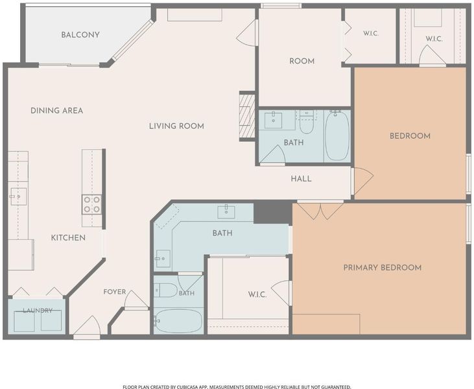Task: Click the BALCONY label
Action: (80, 35)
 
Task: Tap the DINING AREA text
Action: (57, 111)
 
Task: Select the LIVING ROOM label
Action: (176, 126)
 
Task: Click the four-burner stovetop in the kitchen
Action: (92, 205)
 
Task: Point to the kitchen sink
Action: (18, 196)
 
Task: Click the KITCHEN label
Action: (68, 238)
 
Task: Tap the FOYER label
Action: (115, 292)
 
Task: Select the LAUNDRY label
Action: (38, 311)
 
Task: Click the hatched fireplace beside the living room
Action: (247, 116)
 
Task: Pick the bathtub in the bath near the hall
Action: (337, 136)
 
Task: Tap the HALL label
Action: (301, 179)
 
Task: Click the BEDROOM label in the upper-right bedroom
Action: (410, 136)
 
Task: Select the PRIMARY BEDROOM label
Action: (383, 268)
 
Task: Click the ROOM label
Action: (302, 62)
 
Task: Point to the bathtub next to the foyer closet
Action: (178, 321)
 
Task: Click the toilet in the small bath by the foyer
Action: (165, 290)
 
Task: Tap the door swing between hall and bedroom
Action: (362, 181)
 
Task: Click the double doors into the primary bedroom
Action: (320, 211)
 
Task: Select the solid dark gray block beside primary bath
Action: (273, 213)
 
